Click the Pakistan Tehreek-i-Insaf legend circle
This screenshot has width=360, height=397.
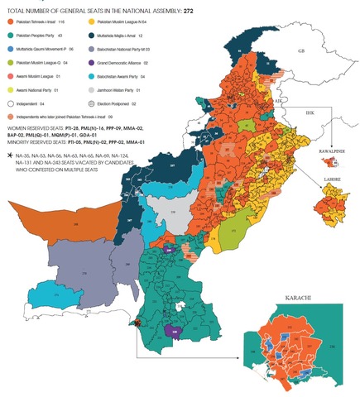(x=8, y=28)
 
